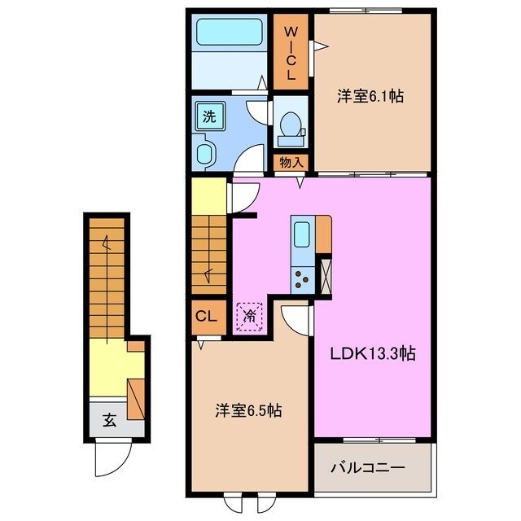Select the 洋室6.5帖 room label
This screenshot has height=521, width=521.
point(248,411)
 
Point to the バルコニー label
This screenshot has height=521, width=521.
point(367,469)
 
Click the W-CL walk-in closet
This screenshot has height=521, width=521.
point(291,50)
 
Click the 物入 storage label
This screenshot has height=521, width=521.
point(291,161)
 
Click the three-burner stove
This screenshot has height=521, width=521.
point(302,278)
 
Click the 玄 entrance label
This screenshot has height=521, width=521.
point(108,420)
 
